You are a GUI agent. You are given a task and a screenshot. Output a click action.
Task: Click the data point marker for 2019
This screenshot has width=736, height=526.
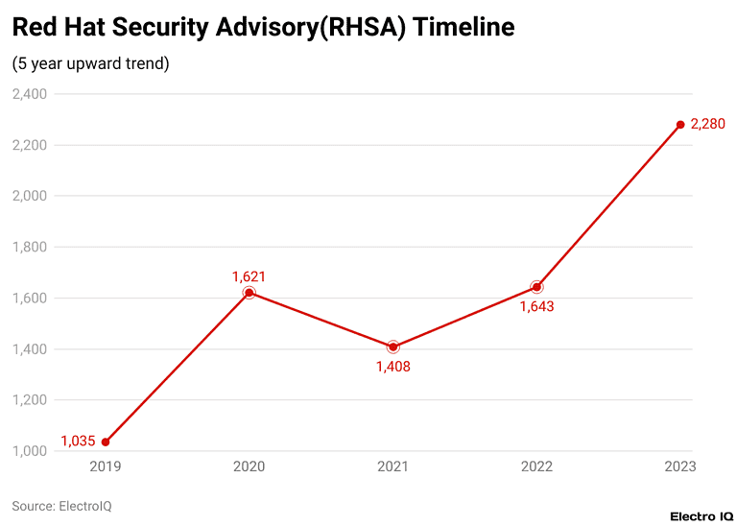[105, 442]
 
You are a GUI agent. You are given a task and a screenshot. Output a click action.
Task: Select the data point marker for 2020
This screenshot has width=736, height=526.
[249, 293]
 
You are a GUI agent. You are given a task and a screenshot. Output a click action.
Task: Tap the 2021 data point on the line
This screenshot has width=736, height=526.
[392, 347]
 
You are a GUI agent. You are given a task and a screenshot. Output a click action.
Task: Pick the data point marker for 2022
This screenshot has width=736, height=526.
[536, 287]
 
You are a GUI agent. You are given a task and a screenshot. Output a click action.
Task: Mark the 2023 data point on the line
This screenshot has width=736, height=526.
[680, 125]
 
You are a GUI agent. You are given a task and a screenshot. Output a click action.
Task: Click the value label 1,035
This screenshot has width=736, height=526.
[78, 442]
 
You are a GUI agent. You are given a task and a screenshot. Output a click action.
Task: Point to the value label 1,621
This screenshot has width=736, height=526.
[249, 276]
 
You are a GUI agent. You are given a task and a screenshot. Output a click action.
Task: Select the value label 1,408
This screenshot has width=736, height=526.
[392, 367]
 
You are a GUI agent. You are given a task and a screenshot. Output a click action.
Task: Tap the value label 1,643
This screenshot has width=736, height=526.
[536, 307]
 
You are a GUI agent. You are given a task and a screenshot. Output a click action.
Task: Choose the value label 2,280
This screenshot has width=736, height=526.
[707, 125]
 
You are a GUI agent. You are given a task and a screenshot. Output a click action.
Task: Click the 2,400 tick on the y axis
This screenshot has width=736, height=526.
[30, 94]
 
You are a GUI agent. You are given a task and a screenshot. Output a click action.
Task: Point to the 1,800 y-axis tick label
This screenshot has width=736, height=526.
[30, 247]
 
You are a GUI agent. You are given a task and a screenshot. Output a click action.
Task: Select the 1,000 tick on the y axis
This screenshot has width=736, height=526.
[30, 451]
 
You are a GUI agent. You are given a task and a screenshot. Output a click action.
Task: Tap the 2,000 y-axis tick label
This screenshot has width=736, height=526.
[30, 196]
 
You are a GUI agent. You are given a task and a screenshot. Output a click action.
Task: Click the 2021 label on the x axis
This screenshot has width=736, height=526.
[392, 466]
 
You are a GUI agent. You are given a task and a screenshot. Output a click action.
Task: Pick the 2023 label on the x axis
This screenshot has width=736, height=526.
[679, 466]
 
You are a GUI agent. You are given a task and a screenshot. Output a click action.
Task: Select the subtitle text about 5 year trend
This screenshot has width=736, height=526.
[90, 64]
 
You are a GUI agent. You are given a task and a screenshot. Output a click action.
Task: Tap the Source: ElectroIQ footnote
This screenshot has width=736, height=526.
[61, 505]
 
